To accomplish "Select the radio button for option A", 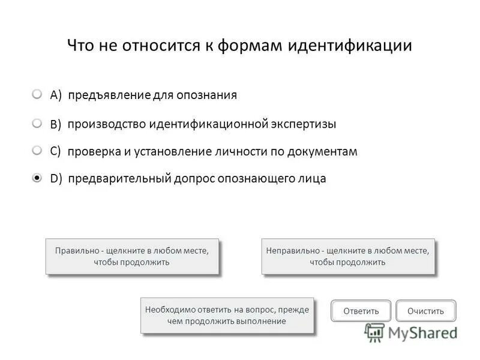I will tap(37, 95).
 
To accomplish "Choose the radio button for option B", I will tap(37, 123).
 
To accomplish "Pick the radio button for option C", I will tap(37, 151).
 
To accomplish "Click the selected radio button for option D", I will tap(37, 178).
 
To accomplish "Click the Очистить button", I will tap(425, 311).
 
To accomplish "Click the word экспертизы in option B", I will tap(304, 124).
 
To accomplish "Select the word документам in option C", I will tap(322, 152).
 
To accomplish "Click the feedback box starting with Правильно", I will tap(132, 256).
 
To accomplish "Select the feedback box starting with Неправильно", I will tap(347, 256).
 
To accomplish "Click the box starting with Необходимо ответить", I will tap(227, 315).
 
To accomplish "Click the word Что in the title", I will tap(80, 46).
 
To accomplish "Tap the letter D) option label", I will tap(57, 179).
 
